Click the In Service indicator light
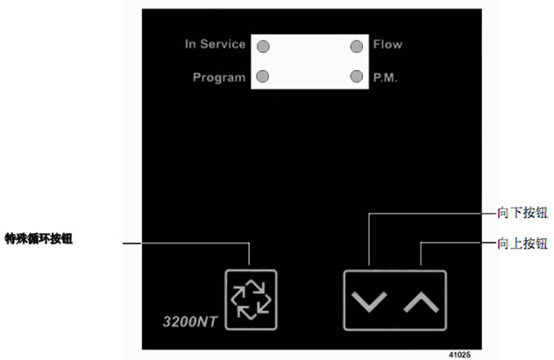tap(262, 46)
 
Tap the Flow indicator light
tap(356, 46)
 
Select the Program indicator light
tap(262, 76)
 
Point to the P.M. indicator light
tap(356, 76)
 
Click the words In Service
tap(215, 45)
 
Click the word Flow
tap(387, 45)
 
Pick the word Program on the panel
tap(219, 77)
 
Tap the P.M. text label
tap(386, 77)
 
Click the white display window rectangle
tap(309, 61)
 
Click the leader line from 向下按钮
tap(430, 213)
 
